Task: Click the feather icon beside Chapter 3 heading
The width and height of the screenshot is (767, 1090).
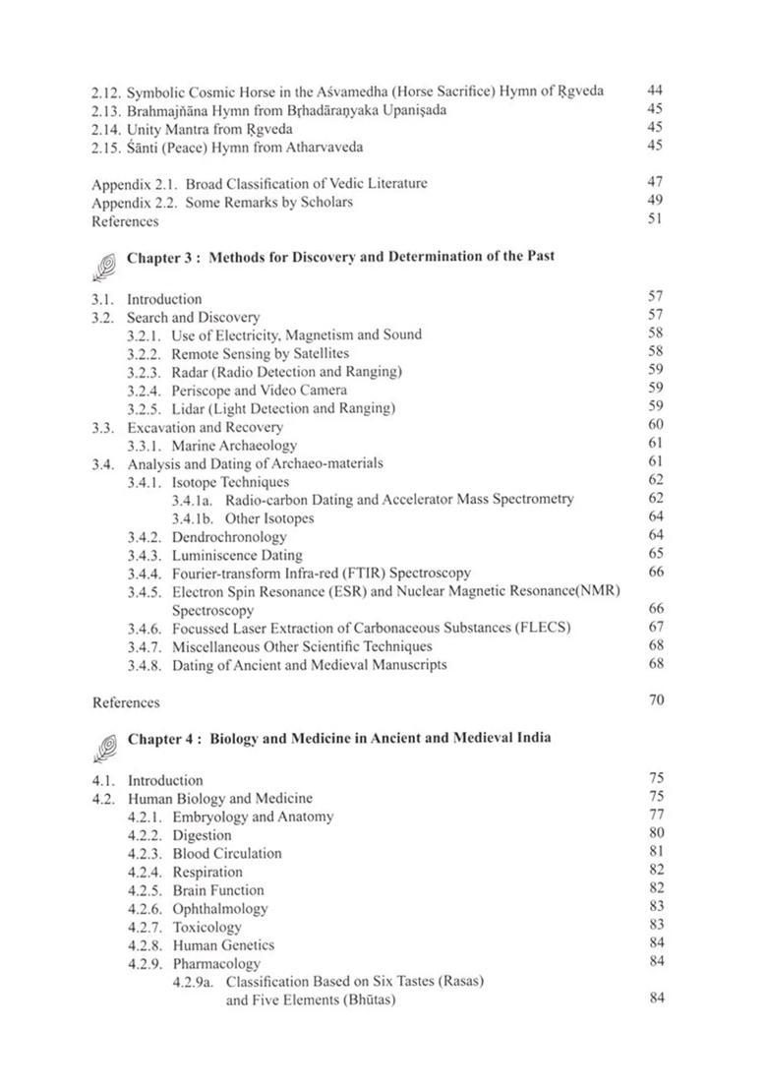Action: [104, 261]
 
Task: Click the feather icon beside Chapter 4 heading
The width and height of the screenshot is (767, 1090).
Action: [104, 743]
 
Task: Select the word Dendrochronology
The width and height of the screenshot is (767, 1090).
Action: [229, 537]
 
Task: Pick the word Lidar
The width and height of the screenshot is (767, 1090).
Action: [189, 408]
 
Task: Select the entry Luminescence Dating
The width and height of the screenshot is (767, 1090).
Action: [223, 555]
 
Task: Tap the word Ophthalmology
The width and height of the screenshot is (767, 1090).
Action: [219, 909]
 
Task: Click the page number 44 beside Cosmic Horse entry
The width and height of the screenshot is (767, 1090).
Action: [656, 91]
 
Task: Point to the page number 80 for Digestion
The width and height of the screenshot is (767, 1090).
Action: [657, 834]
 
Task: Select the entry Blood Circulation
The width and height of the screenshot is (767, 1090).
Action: [226, 854]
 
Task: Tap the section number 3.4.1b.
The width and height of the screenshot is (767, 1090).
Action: [193, 518]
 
